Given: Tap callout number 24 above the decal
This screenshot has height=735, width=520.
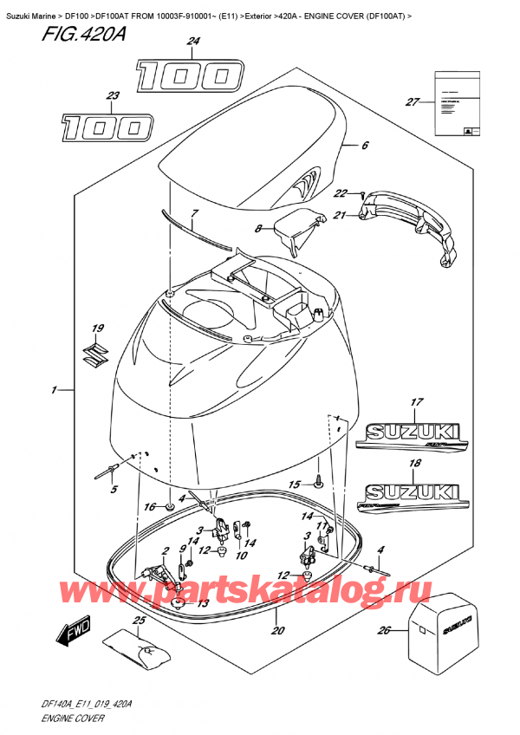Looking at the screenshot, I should [x=192, y=42].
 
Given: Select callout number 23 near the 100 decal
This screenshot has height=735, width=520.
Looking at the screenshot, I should [x=112, y=97].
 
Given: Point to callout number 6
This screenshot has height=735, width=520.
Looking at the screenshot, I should [x=365, y=146].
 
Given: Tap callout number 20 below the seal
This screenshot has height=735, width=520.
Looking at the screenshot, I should [x=277, y=630].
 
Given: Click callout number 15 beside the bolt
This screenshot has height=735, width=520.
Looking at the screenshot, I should [x=295, y=484].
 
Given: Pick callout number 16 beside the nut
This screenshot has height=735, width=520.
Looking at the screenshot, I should [x=148, y=506].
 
